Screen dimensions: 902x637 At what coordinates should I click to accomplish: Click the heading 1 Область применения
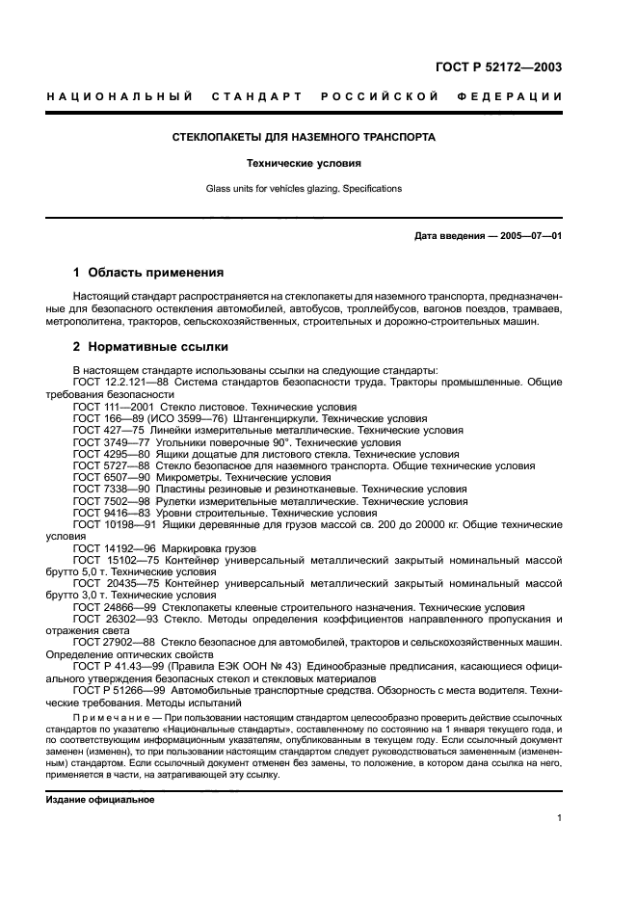[x=148, y=272]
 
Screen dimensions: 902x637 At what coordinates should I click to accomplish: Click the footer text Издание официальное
[x=100, y=800]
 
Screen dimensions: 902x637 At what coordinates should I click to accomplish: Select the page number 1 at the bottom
[x=559, y=818]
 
